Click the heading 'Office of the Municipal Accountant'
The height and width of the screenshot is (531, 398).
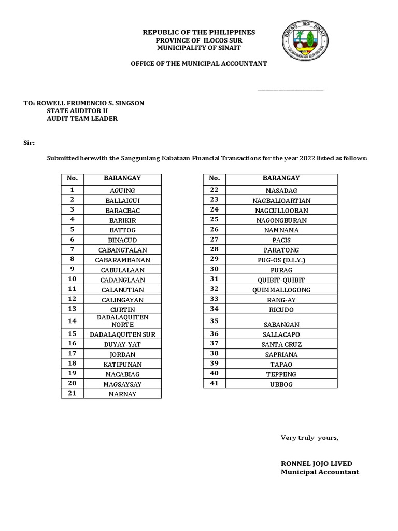(198, 63)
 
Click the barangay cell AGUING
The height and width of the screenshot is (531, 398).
(122, 191)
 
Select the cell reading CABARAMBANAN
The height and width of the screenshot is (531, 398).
(122, 260)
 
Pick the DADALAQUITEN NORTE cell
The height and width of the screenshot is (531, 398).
(122, 320)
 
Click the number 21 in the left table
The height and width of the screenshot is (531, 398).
(72, 393)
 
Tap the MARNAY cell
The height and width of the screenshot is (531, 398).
(122, 394)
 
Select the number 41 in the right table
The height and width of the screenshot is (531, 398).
(214, 383)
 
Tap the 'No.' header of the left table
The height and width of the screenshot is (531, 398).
(72, 178)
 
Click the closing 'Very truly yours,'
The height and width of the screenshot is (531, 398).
(309, 438)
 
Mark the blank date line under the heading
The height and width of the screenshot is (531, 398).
(290, 89)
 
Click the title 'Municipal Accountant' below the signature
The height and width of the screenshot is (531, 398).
(320, 472)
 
